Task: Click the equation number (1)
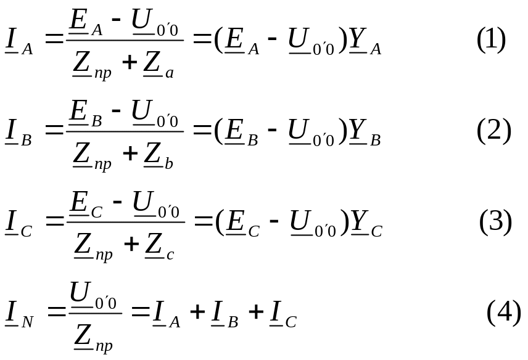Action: [491, 39]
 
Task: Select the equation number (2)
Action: [494, 131]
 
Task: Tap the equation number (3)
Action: [495, 222]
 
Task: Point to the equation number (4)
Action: [504, 313]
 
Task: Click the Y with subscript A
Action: [365, 41]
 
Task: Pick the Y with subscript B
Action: [365, 133]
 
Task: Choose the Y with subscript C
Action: [366, 223]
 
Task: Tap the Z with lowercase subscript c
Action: [159, 247]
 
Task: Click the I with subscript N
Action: [19, 314]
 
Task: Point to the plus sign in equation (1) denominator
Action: [130, 62]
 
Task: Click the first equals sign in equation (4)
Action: [56, 311]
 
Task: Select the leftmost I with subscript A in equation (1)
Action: [19, 41]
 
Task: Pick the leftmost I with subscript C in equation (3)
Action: [19, 223]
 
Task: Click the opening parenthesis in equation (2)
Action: [218, 131]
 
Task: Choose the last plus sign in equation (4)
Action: [256, 311]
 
